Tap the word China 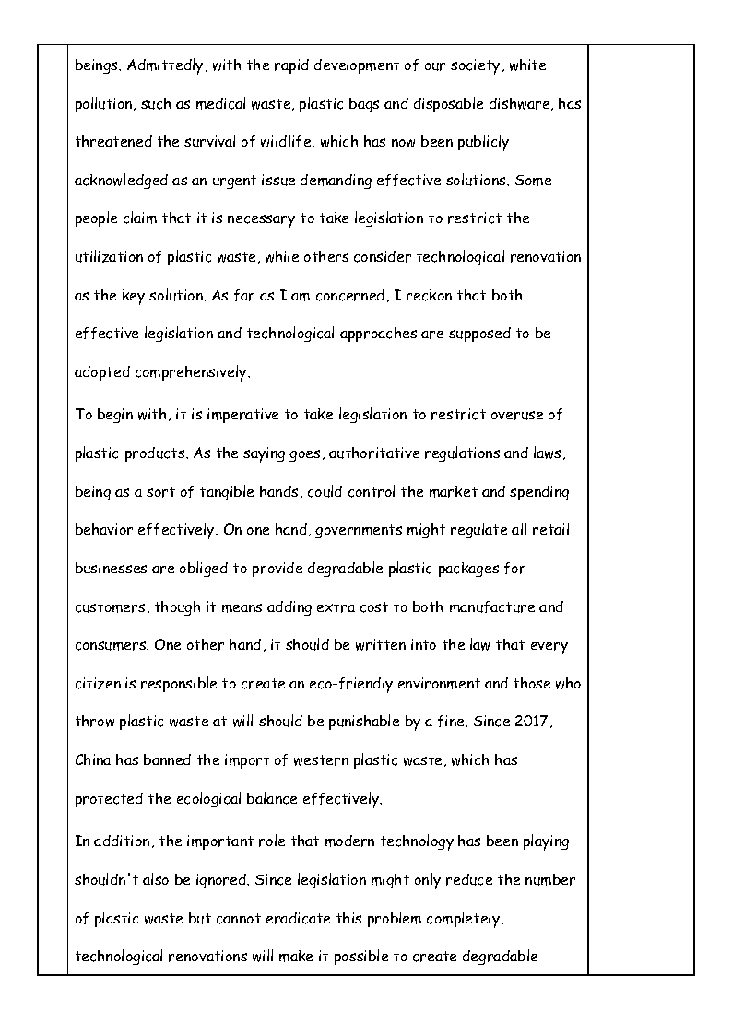tap(94, 761)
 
